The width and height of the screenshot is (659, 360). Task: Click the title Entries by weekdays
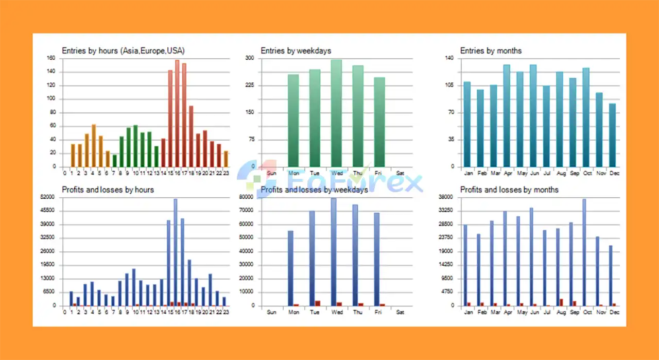coord(296,50)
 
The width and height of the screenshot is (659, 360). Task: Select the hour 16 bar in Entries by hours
coord(177,113)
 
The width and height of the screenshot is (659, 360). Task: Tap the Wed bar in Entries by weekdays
coord(336,113)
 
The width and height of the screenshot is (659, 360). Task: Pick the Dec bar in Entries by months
coord(612,135)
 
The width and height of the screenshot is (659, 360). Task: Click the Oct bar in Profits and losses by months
coord(584,252)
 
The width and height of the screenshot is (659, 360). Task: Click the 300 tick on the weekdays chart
coord(250,58)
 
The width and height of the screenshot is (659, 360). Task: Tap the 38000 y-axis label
coord(445,197)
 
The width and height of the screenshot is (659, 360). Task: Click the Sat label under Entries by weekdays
coord(400,174)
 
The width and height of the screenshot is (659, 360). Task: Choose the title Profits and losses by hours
coord(108,190)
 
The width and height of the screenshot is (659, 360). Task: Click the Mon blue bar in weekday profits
coord(290,268)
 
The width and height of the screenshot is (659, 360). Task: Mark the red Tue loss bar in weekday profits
coord(318,303)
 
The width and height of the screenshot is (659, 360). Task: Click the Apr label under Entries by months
coord(508,174)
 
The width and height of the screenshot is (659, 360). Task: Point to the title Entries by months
coord(491,50)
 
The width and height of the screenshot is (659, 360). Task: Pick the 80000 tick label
coord(248,197)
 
